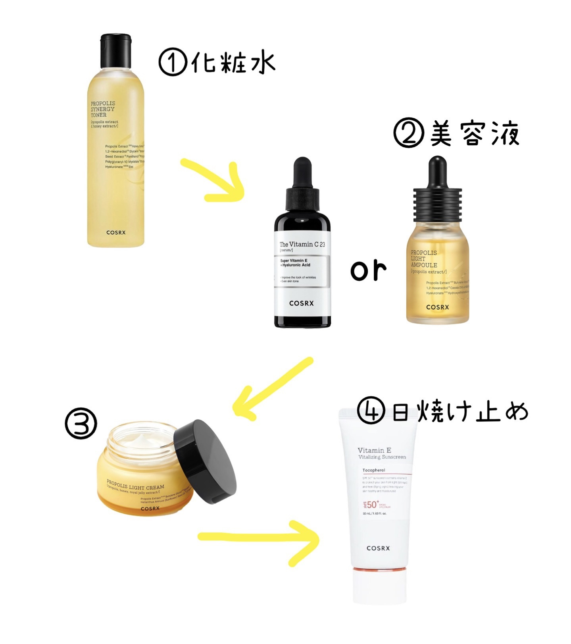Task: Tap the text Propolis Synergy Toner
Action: tap(103, 109)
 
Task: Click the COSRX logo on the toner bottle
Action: tap(116, 232)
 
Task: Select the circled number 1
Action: tap(173, 62)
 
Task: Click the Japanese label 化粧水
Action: tap(233, 63)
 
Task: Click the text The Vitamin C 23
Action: tap(302, 244)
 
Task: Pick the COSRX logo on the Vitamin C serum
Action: tap(302, 303)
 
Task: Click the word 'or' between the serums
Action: tap(368, 271)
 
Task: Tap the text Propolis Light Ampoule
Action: tap(424, 259)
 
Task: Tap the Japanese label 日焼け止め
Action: tap(460, 412)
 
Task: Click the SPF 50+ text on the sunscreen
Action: tap(371, 505)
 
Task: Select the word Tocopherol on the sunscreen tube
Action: tap(374, 470)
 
